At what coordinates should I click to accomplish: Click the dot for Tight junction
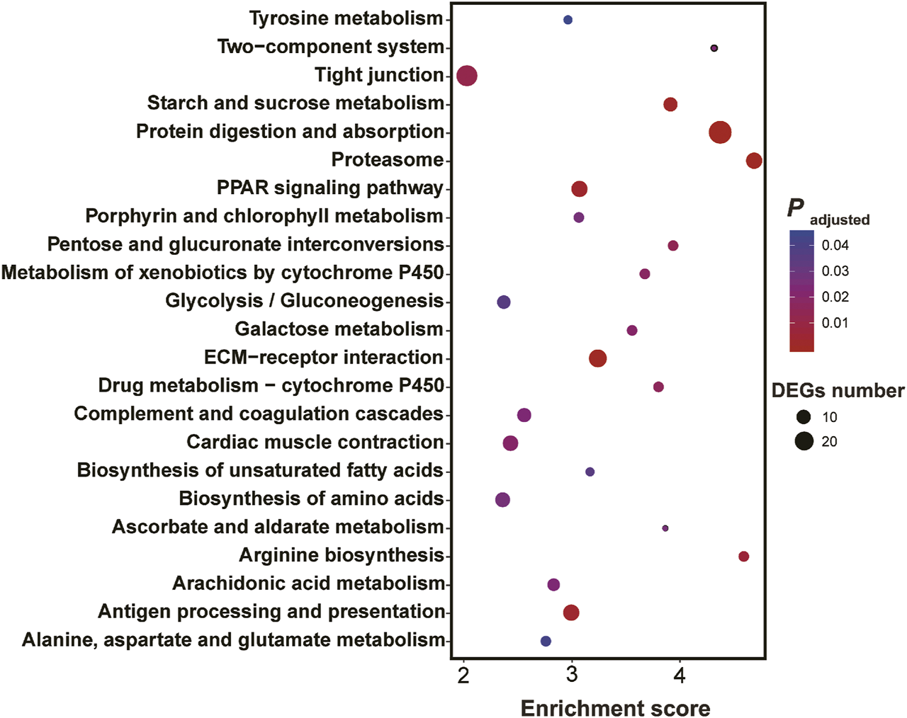467,75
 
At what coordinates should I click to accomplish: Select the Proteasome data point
754,161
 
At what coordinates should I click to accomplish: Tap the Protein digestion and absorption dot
720,132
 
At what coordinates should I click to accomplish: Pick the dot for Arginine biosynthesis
743,557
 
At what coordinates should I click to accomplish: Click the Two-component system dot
714,48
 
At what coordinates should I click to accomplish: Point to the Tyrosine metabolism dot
568,20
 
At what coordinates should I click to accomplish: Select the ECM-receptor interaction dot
597,358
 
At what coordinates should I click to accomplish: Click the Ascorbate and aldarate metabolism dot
665,528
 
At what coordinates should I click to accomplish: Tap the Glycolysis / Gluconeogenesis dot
504,302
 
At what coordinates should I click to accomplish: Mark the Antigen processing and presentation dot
571,612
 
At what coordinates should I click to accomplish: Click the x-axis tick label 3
572,676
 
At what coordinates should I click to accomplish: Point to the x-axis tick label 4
680,676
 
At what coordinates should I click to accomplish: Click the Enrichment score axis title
615,708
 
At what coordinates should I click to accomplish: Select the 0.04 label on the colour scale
835,246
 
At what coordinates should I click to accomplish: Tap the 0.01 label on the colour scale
835,323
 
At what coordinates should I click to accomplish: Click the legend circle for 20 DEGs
804,442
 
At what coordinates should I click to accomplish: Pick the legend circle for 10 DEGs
804,417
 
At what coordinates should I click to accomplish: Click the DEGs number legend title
838,391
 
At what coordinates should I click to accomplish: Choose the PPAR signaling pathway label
329,188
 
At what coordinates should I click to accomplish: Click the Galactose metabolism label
339,329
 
